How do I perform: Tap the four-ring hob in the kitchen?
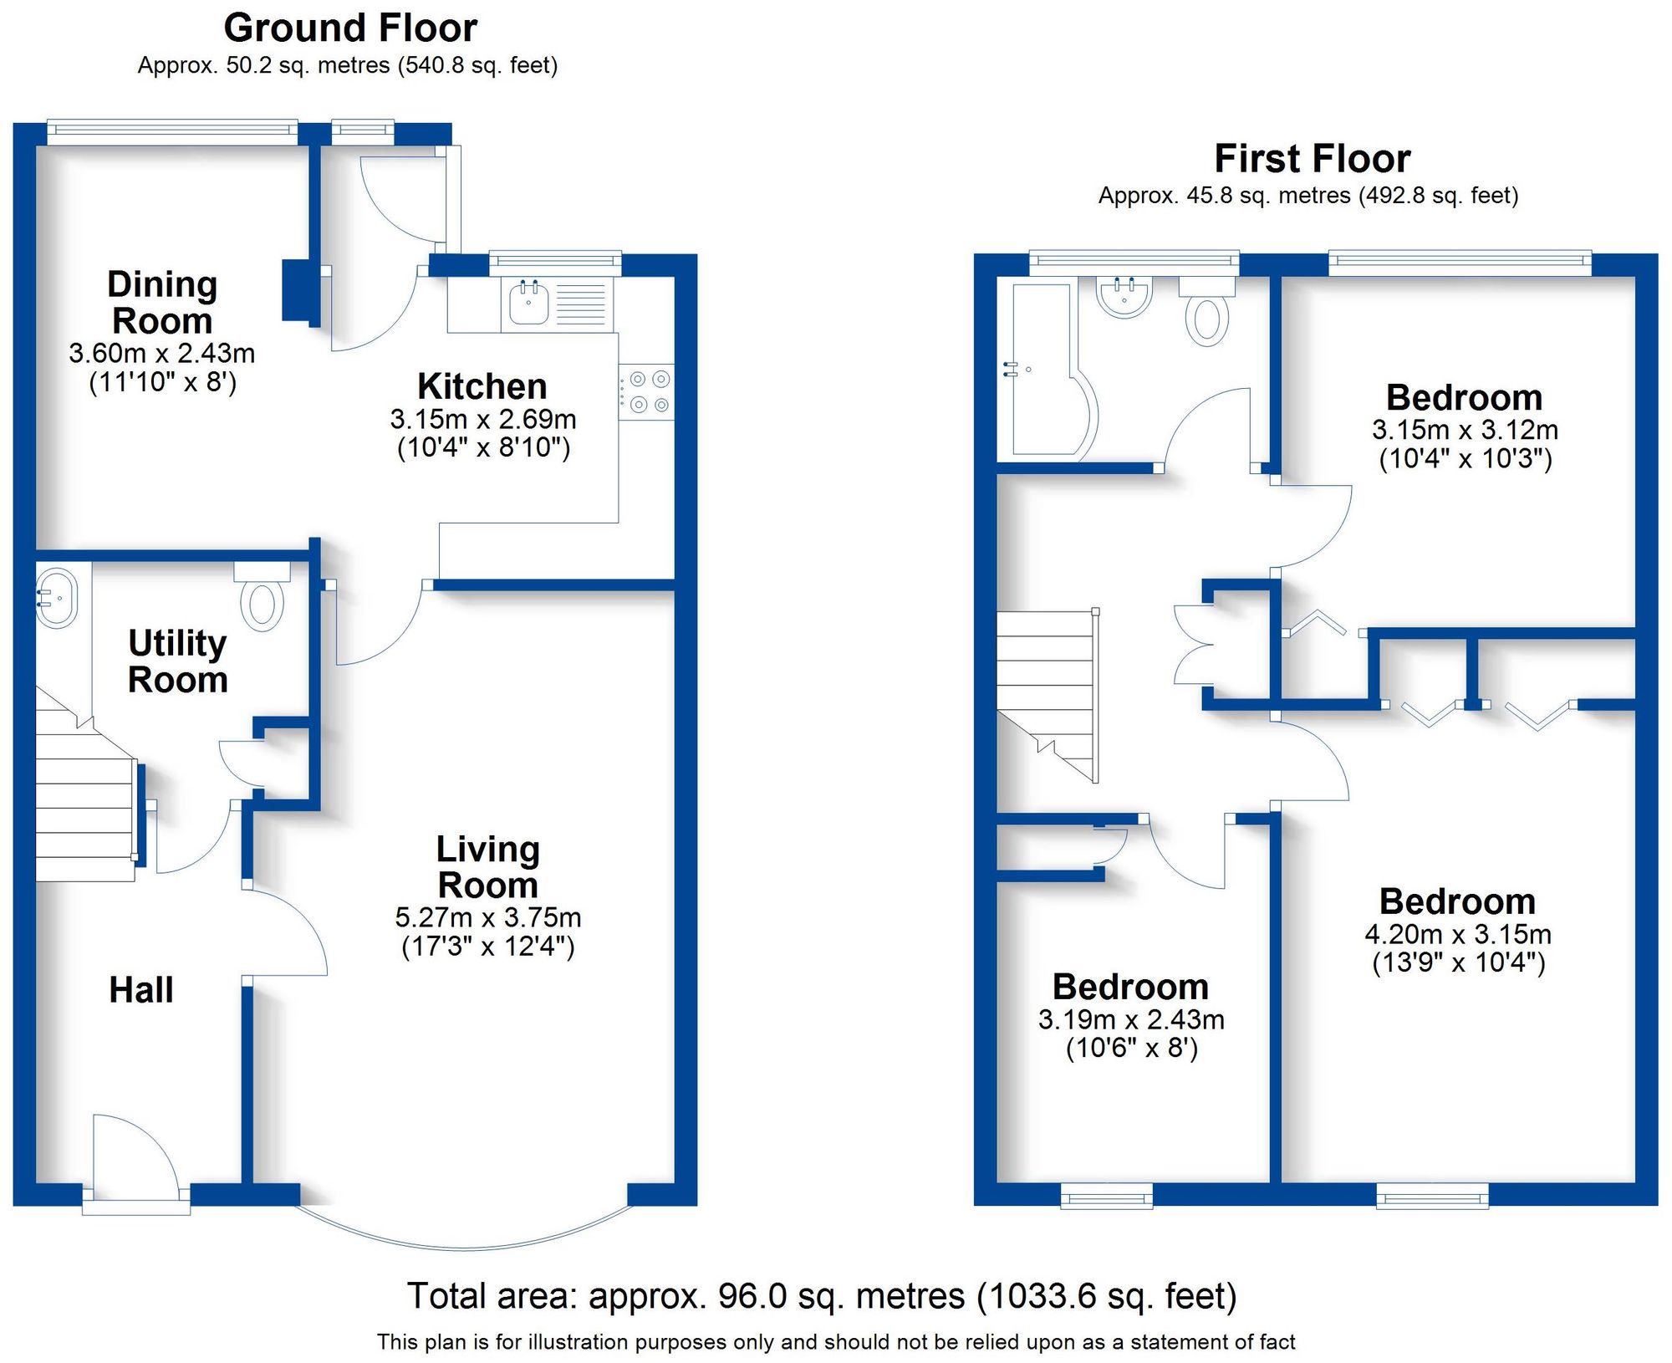[x=646, y=392]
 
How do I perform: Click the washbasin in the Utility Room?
[x=56, y=598]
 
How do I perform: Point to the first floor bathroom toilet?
[x=1206, y=319]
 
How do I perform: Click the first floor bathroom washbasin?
[x=1124, y=297]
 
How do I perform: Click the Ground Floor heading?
[x=350, y=28]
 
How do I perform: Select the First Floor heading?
[x=1312, y=159]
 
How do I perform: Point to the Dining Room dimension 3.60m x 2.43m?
[x=162, y=354]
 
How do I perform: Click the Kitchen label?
[x=482, y=386]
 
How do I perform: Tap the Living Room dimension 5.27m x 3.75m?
[x=488, y=918]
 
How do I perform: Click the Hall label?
[x=141, y=990]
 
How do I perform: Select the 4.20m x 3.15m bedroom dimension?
[x=1458, y=934]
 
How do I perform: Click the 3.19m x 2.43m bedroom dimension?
[x=1131, y=1019]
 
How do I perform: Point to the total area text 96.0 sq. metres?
[x=821, y=1296]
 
